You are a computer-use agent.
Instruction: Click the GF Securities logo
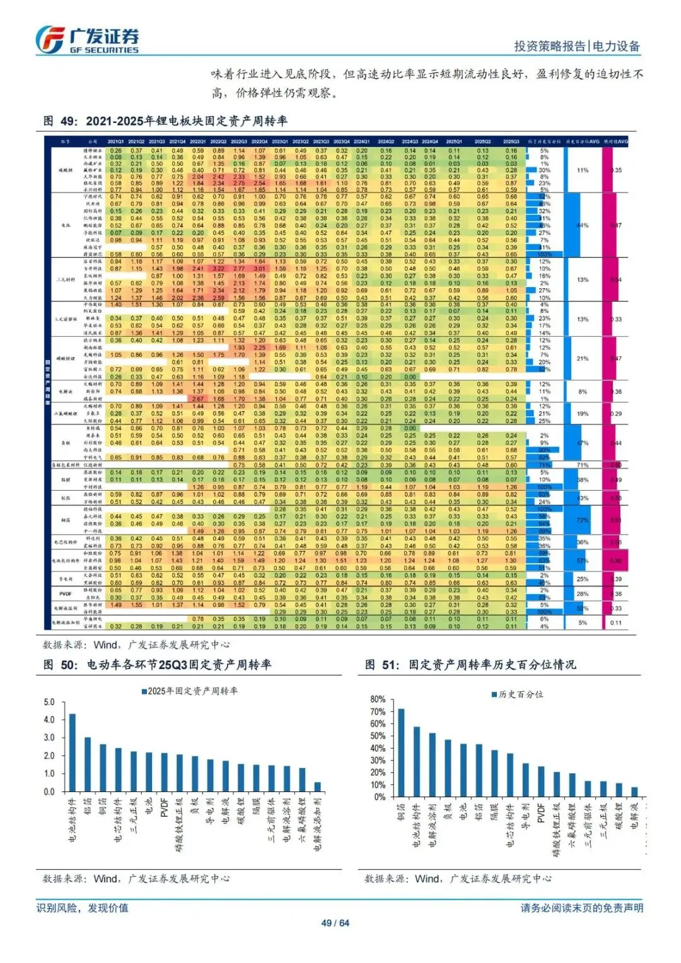pyautogui.click(x=86, y=40)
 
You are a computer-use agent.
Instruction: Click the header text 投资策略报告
pyautogui.click(x=550, y=46)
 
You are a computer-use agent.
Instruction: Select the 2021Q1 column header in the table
pyautogui.click(x=115, y=142)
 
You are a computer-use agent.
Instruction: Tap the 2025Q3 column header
pyautogui.click(x=511, y=142)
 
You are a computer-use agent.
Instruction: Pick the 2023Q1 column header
pyautogui.click(x=280, y=142)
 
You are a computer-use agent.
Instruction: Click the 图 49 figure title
pyautogui.click(x=165, y=121)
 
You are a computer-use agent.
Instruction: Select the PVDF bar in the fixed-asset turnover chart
pyautogui.click(x=164, y=773)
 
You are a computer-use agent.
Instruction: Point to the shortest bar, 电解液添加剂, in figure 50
pyautogui.click(x=317, y=786)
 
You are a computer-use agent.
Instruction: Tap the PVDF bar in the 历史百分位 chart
pyautogui.click(x=541, y=781)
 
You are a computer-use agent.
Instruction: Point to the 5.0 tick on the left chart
pyautogui.click(x=49, y=702)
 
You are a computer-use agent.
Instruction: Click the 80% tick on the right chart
pyautogui.click(x=378, y=699)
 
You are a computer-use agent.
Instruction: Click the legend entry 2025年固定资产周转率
pyautogui.click(x=190, y=691)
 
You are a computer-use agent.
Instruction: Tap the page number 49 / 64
pyautogui.click(x=335, y=923)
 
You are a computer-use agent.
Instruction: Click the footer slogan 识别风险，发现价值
pyautogui.click(x=83, y=908)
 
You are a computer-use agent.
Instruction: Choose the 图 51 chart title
pyautogui.click(x=470, y=665)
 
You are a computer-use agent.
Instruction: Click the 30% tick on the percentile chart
pyautogui.click(x=378, y=761)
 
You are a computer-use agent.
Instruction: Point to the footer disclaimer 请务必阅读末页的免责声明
pyautogui.click(x=581, y=908)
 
